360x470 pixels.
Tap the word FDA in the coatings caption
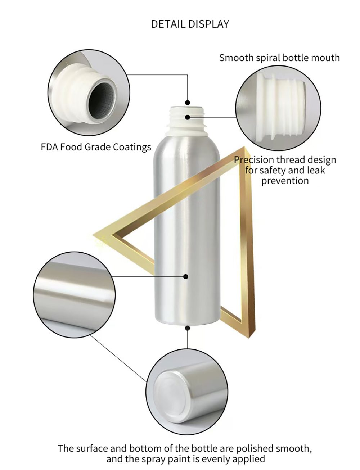click(50, 147)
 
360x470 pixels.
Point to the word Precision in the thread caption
click(254, 160)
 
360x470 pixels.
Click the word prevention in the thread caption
click(285, 181)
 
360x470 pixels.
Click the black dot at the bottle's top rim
click(187, 102)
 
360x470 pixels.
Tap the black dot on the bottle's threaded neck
click(188, 117)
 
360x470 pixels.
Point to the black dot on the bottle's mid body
click(186, 276)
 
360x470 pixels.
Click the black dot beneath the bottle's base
click(188, 328)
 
